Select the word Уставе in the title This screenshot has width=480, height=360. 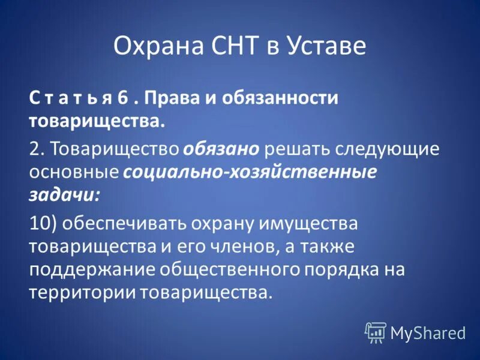pos(328,46)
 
